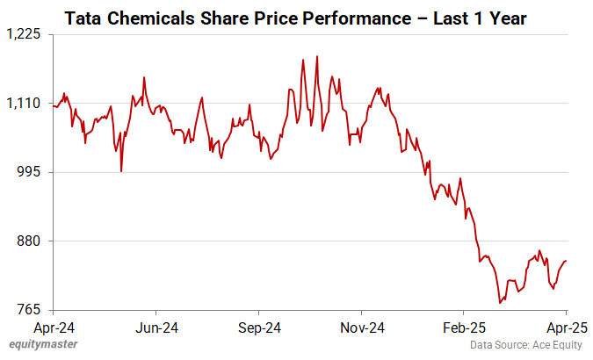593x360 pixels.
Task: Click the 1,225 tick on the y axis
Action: coord(25,34)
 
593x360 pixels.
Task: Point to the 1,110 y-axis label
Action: coord(25,104)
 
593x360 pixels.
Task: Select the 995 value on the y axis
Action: coord(31,172)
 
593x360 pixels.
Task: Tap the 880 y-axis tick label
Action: coord(31,241)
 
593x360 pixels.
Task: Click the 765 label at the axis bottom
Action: coord(31,310)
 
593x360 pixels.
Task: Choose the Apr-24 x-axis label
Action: coord(54,328)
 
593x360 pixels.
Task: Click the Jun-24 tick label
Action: coord(156,328)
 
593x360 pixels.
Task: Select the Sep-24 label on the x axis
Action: coord(259,328)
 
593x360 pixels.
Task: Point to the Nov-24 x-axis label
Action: coord(361,328)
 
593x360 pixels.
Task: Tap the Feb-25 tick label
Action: coord(464,328)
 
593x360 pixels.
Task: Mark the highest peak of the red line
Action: coord(316,56)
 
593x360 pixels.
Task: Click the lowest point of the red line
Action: coord(500,303)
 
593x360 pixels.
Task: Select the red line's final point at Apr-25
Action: coord(566,260)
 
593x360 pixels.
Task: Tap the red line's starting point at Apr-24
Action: coord(54,105)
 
